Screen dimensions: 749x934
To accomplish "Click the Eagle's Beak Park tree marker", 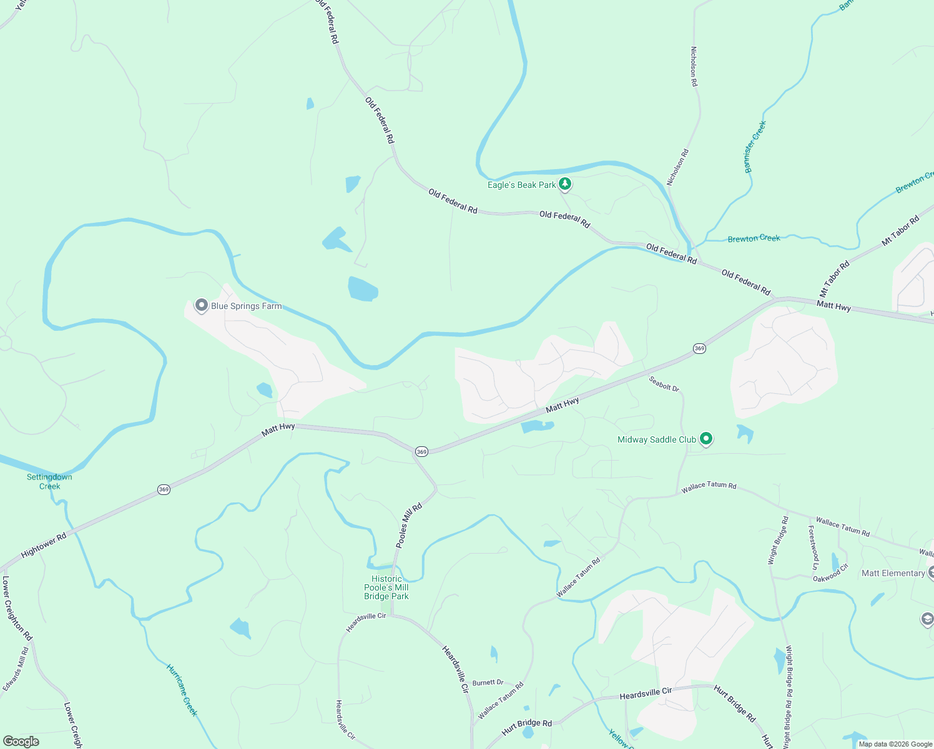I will pos(564,184).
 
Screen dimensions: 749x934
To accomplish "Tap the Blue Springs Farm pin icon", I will pos(201,305).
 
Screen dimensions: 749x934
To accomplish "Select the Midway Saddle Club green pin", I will pos(706,439).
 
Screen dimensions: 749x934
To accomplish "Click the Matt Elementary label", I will pos(893,573).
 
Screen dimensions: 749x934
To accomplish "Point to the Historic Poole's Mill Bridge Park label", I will pos(386,587).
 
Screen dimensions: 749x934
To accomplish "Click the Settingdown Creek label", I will pos(49,481).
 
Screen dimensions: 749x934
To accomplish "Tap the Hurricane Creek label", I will pos(182,690).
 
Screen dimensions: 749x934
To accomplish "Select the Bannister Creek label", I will pos(755,147).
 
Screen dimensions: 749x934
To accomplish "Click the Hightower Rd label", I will pos(44,545).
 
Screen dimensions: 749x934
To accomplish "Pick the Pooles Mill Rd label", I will pos(409,526).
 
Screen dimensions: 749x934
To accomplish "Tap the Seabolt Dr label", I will pos(664,383).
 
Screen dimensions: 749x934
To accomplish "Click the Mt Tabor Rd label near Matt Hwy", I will pos(834,278).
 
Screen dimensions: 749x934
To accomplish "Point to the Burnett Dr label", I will pos(488,683).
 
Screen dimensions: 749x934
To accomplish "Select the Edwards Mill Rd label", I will pos(16,668).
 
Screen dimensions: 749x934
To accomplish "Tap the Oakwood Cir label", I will pos(830,573).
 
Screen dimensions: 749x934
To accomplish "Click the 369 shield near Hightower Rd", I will pos(164,489).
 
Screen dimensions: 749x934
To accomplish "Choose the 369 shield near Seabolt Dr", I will pos(699,348).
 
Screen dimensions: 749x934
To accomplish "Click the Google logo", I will pos(21,742).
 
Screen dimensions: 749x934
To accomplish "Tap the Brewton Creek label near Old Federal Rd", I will pos(754,238).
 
